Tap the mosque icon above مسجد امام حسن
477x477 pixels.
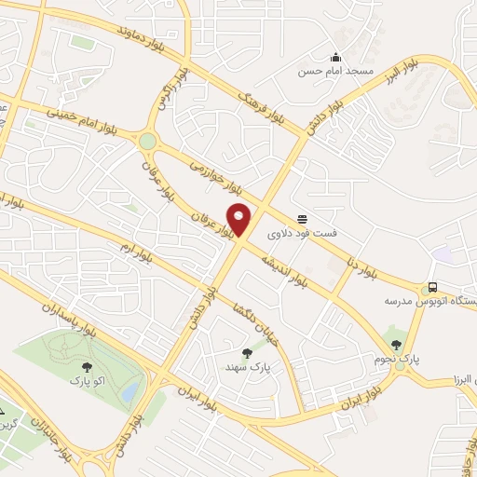pyautogui.click(x=335, y=56)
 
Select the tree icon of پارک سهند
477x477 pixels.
pyautogui.click(x=246, y=353)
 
